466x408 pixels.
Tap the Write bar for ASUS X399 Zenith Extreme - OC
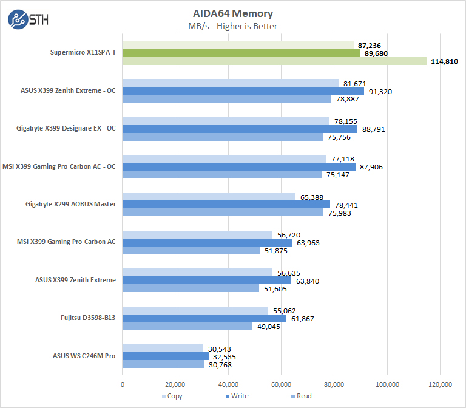coord(243,91)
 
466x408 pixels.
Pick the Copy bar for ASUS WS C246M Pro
coord(163,348)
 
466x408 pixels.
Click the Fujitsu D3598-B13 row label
coord(89,318)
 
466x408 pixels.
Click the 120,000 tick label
coord(440,384)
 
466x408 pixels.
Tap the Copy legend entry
coord(173,396)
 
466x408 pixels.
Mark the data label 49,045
coord(268,327)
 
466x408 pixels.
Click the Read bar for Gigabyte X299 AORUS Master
coord(223,212)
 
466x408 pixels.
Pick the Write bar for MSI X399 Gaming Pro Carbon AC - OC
coord(239,167)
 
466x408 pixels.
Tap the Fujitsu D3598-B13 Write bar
coord(204,318)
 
